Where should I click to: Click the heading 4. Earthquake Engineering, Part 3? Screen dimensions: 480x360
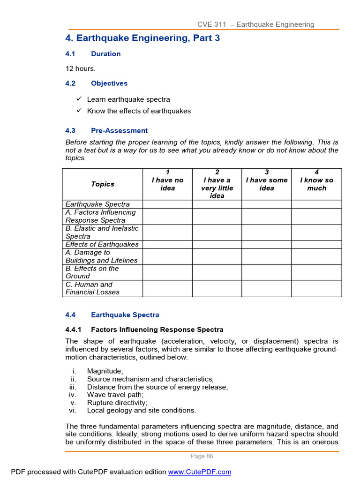coord(142,38)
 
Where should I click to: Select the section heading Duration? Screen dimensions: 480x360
coord(105,54)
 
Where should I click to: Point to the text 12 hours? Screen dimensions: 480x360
coord(80,68)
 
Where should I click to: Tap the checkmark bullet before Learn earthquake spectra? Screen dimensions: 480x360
coord(79,99)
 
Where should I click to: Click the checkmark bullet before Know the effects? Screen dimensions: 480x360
coord(79,111)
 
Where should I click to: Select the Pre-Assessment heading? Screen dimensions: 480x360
coord(119,131)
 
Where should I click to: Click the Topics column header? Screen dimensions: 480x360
coord(102,184)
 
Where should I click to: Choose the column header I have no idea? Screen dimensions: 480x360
coord(167,184)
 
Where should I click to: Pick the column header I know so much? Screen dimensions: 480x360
coord(316,184)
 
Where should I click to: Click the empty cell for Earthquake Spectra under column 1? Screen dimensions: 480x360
coord(167,204)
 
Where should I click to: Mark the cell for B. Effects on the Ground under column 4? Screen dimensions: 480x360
coord(316,272)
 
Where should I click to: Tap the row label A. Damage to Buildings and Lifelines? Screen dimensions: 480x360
coord(101,256)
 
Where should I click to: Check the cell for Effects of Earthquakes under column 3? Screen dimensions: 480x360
coord(266,245)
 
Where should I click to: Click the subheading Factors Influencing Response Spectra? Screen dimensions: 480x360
coord(157,330)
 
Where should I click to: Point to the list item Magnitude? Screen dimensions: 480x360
coord(105,371)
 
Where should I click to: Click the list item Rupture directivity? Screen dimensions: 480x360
coord(117,403)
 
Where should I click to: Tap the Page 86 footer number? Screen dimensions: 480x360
coord(202,456)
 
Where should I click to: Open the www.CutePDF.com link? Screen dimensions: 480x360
coord(200,472)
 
